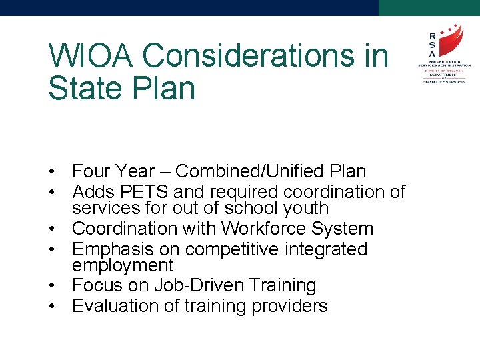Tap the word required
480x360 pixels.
(x=243, y=192)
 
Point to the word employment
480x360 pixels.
(x=123, y=265)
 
